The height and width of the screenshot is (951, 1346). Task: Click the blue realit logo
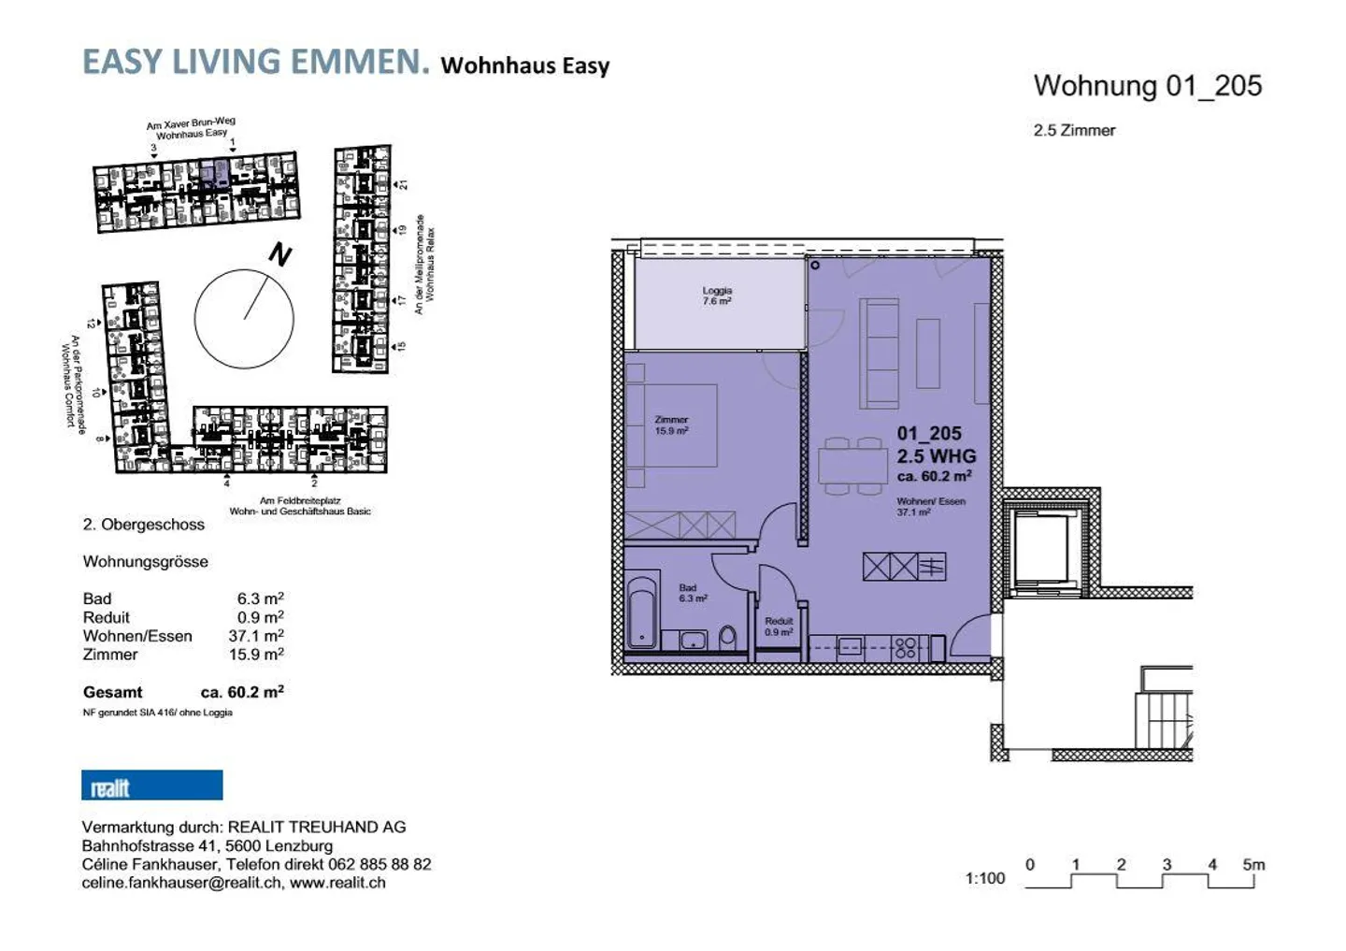[151, 785]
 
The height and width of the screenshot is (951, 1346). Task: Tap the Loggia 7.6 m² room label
[717, 296]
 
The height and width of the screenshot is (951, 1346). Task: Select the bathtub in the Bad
[641, 612]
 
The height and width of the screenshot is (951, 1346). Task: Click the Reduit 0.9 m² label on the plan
[778, 627]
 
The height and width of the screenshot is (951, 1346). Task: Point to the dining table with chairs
[852, 465]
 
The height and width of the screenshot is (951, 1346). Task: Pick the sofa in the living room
[879, 353]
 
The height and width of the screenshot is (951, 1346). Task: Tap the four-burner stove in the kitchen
[905, 647]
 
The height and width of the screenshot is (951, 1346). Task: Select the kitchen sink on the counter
[850, 647]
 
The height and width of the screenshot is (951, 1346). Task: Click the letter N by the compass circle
[279, 254]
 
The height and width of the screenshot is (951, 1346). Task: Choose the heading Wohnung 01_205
[1147, 86]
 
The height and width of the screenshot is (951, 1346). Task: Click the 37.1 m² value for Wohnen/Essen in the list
[256, 636]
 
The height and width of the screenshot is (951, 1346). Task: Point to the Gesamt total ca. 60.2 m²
[241, 692]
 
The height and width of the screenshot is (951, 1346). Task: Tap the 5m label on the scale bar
[1253, 865]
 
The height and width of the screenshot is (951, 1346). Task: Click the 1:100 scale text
[984, 878]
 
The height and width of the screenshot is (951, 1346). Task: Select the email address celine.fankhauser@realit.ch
[181, 883]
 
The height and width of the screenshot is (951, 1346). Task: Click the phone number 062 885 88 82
[382, 864]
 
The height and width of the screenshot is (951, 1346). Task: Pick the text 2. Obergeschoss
[144, 525]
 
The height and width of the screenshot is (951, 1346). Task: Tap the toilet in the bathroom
[728, 639]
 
